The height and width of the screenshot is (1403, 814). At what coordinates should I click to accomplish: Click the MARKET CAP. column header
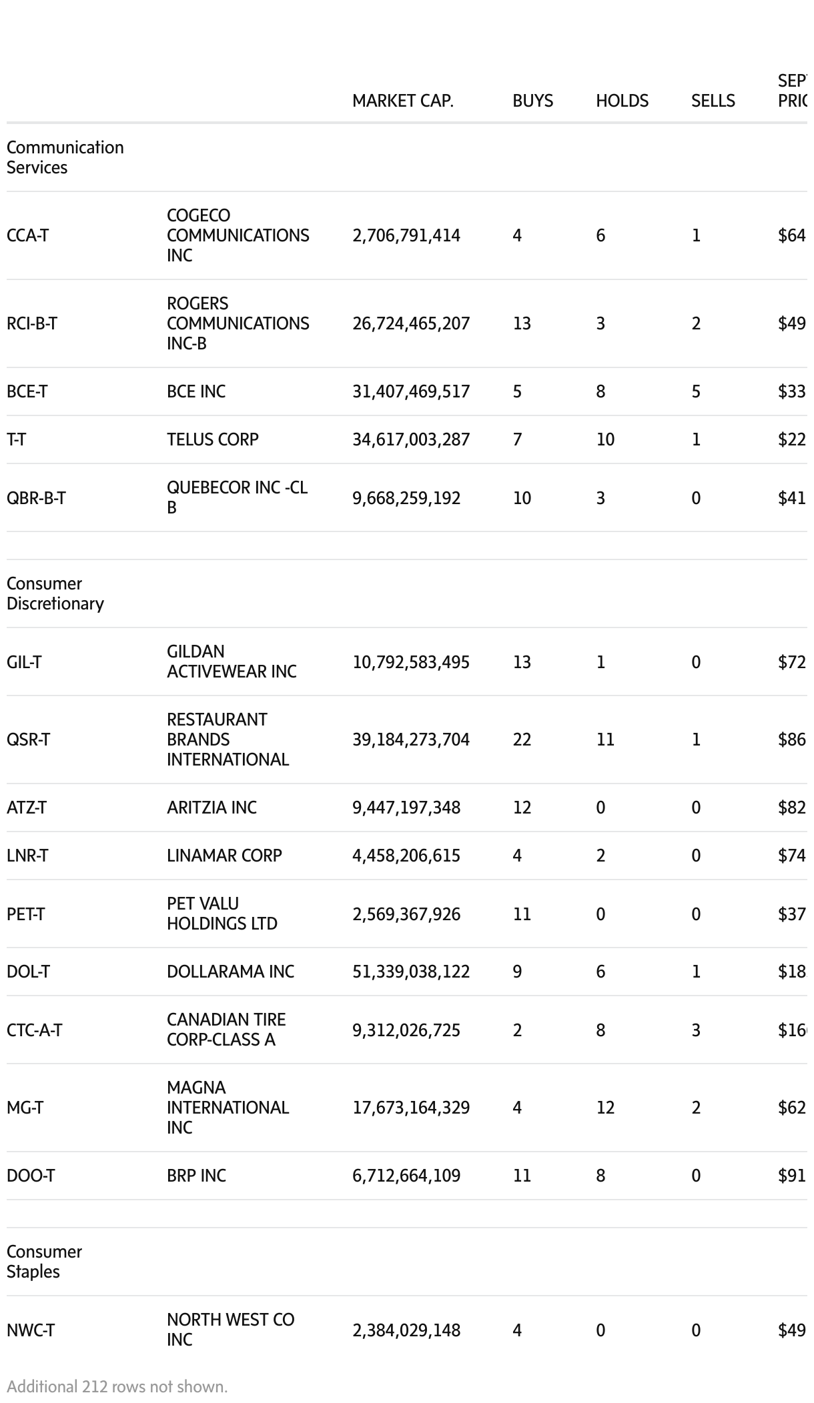(x=402, y=101)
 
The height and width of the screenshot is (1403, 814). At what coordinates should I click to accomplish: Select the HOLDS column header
(x=622, y=101)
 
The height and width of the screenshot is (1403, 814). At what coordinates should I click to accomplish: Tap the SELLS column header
(x=713, y=101)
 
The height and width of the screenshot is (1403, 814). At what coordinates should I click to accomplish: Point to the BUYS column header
(x=532, y=101)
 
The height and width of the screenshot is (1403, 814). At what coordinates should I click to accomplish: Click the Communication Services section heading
(x=65, y=157)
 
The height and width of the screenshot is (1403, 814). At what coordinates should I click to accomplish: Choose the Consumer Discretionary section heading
(x=55, y=593)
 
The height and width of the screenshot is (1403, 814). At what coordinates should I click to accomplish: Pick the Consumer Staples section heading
(x=44, y=1262)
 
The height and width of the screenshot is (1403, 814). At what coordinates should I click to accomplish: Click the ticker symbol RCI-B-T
(x=32, y=323)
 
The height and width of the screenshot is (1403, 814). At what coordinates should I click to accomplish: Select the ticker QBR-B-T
(x=36, y=498)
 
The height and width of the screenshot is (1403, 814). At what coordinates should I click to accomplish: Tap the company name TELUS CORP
(x=212, y=439)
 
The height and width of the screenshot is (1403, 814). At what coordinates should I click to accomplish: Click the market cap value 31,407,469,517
(x=411, y=391)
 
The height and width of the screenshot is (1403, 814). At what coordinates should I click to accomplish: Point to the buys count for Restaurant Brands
(x=522, y=740)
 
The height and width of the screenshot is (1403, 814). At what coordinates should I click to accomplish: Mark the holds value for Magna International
(x=605, y=1108)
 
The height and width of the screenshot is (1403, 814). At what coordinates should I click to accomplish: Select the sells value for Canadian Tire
(x=696, y=1030)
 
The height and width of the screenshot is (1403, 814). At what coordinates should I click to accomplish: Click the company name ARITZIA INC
(x=212, y=808)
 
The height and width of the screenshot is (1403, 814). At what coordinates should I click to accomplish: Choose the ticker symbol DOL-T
(x=28, y=972)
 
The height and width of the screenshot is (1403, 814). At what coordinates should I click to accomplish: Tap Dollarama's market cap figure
(x=411, y=972)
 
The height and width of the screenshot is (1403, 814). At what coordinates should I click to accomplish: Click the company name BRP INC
(x=196, y=1176)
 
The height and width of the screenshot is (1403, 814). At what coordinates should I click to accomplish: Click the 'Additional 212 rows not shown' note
(x=117, y=1386)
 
